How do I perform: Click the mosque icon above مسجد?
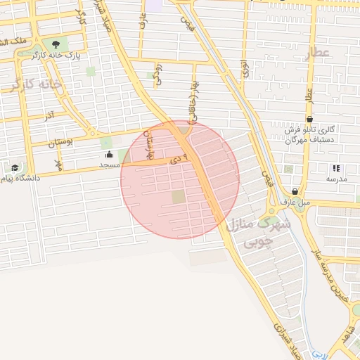coord(109,155)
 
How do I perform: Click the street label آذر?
coord(49,114)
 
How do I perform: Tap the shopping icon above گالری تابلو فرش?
coord(310,120)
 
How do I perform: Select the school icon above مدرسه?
coord(336,168)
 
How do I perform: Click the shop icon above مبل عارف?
coord(294,191)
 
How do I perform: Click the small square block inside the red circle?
coord(179,197)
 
